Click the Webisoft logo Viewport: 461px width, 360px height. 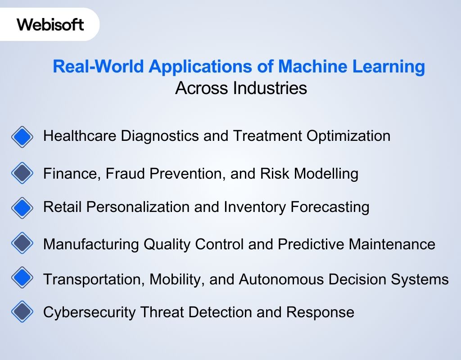point(50,24)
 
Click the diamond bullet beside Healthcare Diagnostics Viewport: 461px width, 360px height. point(22,136)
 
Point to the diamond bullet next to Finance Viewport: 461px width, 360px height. point(22,173)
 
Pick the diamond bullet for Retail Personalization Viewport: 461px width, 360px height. point(22,207)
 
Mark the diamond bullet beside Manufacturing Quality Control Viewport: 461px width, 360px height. point(22,244)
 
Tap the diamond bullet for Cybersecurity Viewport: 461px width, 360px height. point(22,311)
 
